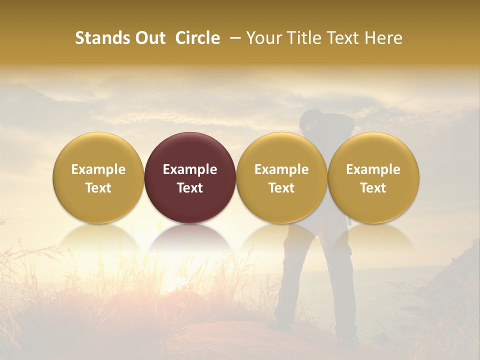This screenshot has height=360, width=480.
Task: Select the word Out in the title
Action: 149,38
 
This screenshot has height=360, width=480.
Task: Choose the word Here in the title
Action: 382,38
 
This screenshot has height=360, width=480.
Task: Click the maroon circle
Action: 190,177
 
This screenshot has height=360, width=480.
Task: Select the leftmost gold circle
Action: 98,177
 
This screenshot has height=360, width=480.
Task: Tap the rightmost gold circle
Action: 373,177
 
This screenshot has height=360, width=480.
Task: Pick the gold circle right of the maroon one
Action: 281,177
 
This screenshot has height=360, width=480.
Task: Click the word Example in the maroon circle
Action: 190,169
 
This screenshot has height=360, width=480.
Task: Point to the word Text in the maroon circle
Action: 190,188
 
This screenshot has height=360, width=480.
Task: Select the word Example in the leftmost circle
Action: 98,169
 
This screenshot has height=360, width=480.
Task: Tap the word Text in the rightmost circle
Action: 373,188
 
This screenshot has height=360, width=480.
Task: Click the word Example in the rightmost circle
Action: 373,169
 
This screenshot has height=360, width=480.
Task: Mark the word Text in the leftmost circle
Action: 98,188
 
